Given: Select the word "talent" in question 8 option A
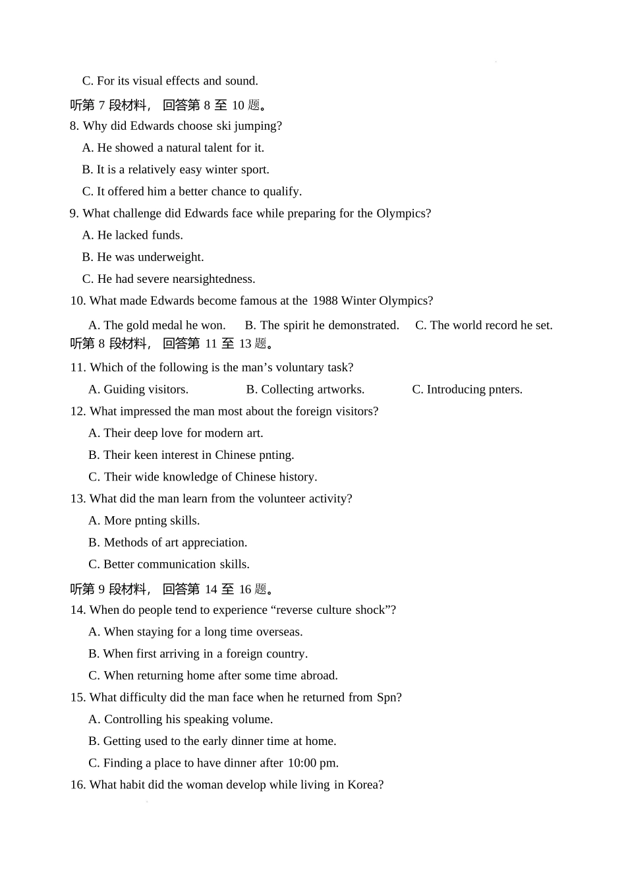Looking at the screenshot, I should pyautogui.click(x=198, y=148).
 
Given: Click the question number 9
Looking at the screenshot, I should pyautogui.click(x=74, y=214).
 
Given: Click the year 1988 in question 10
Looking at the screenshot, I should pyautogui.click(x=325, y=301).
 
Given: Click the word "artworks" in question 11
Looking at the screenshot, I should pyautogui.click(x=338, y=390).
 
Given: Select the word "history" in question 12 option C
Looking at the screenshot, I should pyautogui.click(x=297, y=477).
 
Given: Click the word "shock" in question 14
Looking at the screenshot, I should pyautogui.click(x=372, y=610).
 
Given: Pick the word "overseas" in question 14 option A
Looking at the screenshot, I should pyautogui.click(x=278, y=632).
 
